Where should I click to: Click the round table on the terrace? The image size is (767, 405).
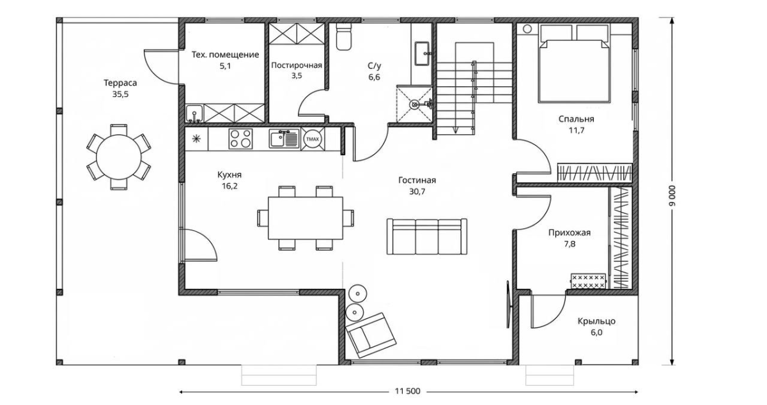[118, 157]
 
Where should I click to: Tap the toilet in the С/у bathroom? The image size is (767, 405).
[343, 36]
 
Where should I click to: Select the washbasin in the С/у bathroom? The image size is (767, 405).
[422, 54]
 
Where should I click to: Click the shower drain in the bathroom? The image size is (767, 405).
[414, 104]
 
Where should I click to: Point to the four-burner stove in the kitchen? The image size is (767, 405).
[240, 139]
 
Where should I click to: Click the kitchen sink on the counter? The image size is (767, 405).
[284, 139]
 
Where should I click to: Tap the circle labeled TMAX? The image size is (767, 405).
[313, 139]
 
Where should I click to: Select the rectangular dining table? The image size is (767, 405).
[306, 218]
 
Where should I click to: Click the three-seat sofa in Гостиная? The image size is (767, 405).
[427, 236]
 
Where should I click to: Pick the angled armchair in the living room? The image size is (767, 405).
[371, 335]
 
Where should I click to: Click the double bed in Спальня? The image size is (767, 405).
[574, 71]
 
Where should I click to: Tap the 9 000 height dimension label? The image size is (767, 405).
[672, 196]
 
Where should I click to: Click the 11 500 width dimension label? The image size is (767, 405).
[408, 392]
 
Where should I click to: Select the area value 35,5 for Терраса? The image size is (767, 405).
[121, 94]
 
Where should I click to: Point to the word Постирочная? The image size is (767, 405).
[297, 65]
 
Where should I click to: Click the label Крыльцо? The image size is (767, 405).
[596, 321]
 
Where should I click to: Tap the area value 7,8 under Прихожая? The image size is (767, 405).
[569, 244]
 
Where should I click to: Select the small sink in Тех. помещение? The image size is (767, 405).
[194, 113]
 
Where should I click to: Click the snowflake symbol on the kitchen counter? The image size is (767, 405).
[196, 139]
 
